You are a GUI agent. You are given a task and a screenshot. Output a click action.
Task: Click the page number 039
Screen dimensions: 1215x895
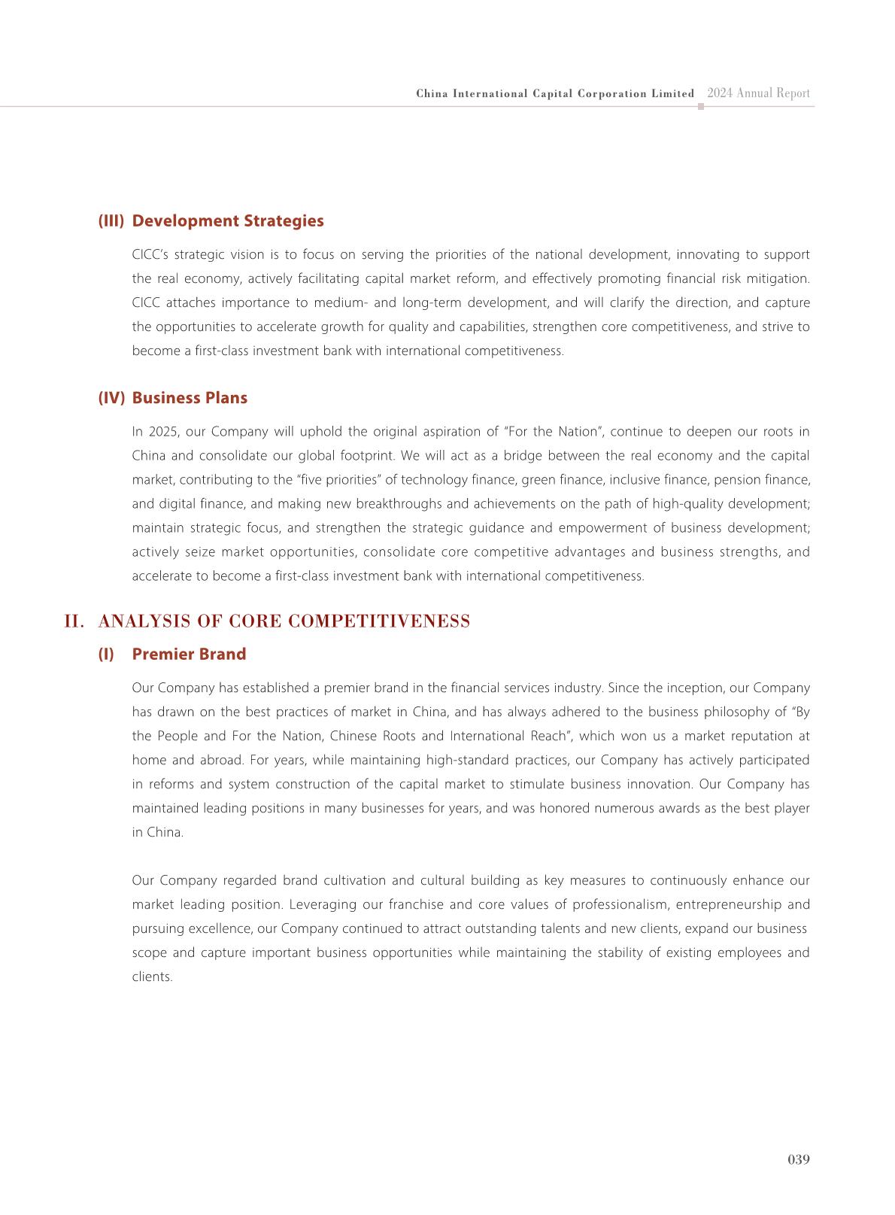point(798,1159)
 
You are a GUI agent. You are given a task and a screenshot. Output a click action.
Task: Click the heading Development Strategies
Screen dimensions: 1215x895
point(228,221)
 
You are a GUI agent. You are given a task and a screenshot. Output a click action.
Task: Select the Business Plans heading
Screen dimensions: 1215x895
point(190,398)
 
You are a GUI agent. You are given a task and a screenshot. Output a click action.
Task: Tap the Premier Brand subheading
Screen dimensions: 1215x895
point(189,655)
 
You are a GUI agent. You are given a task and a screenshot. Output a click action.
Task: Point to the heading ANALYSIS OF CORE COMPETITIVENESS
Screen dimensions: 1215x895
point(284,621)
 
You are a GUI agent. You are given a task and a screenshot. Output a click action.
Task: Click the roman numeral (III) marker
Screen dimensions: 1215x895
point(111,221)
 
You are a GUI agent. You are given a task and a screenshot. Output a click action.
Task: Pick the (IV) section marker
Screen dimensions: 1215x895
point(111,398)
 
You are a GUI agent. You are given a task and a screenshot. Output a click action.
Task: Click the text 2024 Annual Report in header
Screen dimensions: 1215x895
point(758,93)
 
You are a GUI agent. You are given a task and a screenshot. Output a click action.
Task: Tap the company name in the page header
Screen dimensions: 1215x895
point(555,94)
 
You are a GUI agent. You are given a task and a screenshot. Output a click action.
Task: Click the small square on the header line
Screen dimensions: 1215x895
point(701,107)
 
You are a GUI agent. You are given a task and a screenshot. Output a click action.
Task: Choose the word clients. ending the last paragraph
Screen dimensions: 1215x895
point(152,977)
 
